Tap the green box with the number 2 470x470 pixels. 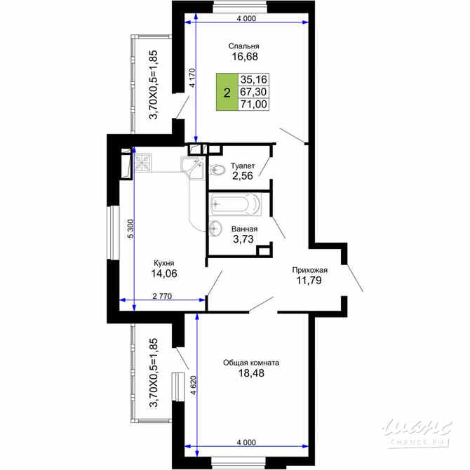click(226, 92)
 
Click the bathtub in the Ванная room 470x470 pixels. click(235, 206)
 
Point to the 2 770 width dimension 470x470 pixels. click(162, 296)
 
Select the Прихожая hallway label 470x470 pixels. click(311, 270)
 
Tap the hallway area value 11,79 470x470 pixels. click(311, 282)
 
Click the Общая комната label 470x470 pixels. click(251, 363)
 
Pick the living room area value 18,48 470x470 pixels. click(251, 375)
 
